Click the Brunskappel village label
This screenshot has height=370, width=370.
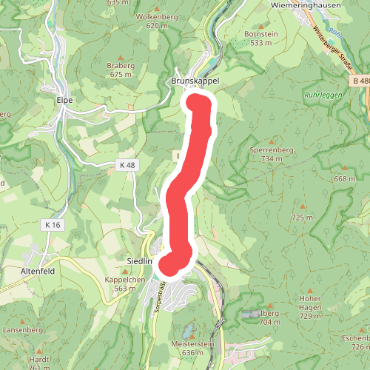coord(195,80)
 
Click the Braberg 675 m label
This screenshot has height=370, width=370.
coord(121,69)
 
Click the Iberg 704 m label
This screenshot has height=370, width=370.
coord(270,317)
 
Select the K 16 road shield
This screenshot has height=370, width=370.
coord(52,224)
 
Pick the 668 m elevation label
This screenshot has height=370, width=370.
coord(345,178)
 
